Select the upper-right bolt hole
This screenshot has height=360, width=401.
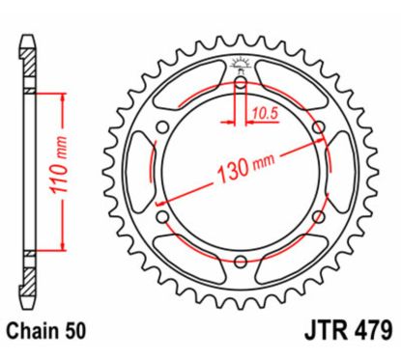click(x=314, y=129)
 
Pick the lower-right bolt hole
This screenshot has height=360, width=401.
click(x=314, y=215)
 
